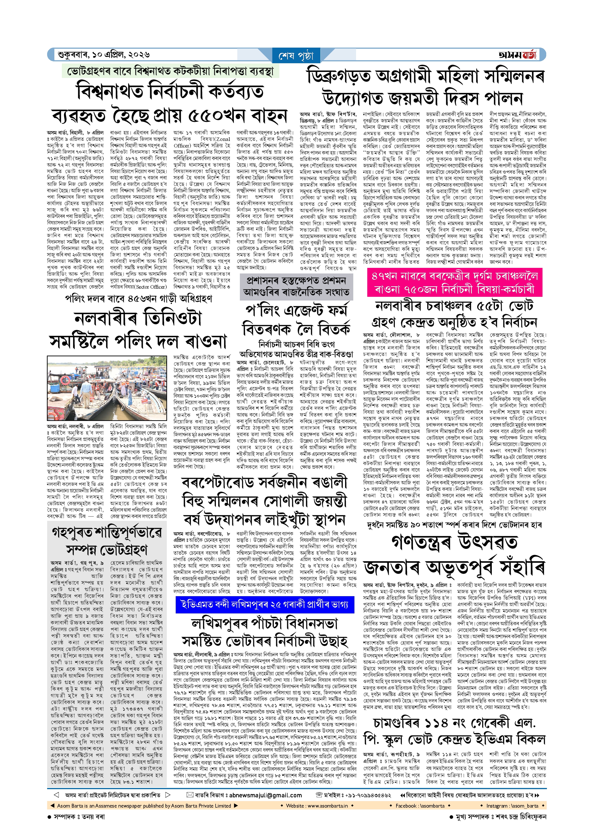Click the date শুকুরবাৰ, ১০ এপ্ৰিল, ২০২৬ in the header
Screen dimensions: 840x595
(104, 55)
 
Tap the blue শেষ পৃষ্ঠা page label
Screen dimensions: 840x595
(296, 56)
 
